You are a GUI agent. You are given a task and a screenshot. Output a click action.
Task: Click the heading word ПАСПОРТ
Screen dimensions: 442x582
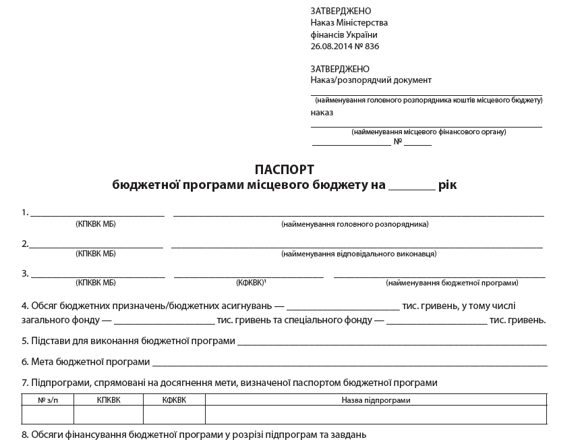[x=285, y=169]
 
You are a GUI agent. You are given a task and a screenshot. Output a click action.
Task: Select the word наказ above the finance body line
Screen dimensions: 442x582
[x=322, y=113]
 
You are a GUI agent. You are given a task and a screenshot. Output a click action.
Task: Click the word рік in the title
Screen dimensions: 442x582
[x=447, y=184]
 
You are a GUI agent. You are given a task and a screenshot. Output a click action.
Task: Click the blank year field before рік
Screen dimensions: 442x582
[x=412, y=186]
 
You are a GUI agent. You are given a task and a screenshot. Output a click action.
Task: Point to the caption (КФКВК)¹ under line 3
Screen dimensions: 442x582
[x=251, y=283]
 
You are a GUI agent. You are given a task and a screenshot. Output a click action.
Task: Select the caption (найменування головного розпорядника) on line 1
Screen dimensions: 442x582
[x=355, y=224]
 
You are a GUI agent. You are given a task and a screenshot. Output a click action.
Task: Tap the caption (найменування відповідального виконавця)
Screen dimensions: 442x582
[x=359, y=254]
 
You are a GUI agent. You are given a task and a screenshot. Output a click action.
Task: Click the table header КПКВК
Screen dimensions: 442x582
[x=109, y=400]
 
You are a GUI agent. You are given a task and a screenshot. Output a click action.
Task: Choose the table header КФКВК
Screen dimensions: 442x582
[x=174, y=400]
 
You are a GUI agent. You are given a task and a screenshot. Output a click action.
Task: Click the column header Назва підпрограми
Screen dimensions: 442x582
[x=376, y=400]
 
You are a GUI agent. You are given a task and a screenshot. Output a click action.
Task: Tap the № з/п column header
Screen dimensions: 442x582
[x=47, y=400]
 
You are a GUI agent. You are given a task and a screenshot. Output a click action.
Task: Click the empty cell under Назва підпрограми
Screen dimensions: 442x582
[x=376, y=414]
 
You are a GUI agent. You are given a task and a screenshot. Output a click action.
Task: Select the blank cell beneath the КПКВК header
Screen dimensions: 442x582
[x=109, y=414]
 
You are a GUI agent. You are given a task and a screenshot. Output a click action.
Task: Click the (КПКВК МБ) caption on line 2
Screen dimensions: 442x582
[x=96, y=254]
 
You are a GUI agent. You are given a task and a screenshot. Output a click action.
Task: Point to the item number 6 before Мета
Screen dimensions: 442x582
[x=24, y=362]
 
